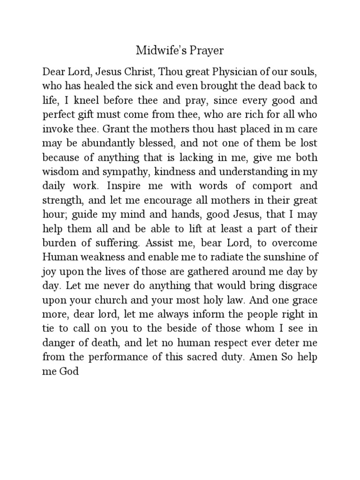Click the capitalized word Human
click(x=57, y=258)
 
